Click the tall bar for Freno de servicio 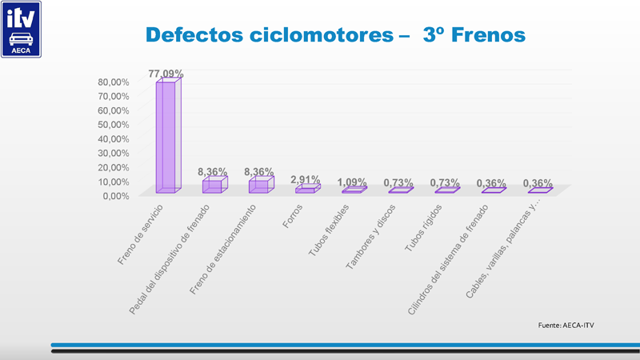coord(166,136)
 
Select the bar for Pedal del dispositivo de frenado coord(213,186)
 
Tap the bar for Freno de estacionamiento coord(259,186)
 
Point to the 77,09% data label coord(166,74)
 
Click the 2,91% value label coord(306,179)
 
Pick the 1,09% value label coord(352,182)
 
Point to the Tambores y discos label coord(371,237)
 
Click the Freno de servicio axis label coord(141,234)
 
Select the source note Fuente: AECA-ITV coord(567,325)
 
